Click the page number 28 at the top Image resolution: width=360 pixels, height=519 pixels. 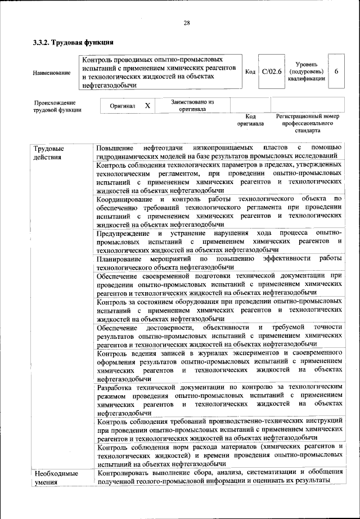[x=187, y=23]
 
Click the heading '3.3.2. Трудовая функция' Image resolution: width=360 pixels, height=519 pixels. [x=73, y=42]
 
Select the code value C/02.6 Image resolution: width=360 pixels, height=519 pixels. [x=271, y=71]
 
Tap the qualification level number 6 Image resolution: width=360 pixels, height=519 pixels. [x=336, y=71]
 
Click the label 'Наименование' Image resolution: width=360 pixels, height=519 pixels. [x=51, y=73]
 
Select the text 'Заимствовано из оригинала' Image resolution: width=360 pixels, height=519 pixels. [x=192, y=105]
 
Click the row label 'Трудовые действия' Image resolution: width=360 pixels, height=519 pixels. [x=48, y=152]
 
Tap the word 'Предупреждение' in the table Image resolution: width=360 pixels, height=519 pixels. [x=123, y=232]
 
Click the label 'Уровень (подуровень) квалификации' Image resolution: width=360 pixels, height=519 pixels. [x=305, y=71]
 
